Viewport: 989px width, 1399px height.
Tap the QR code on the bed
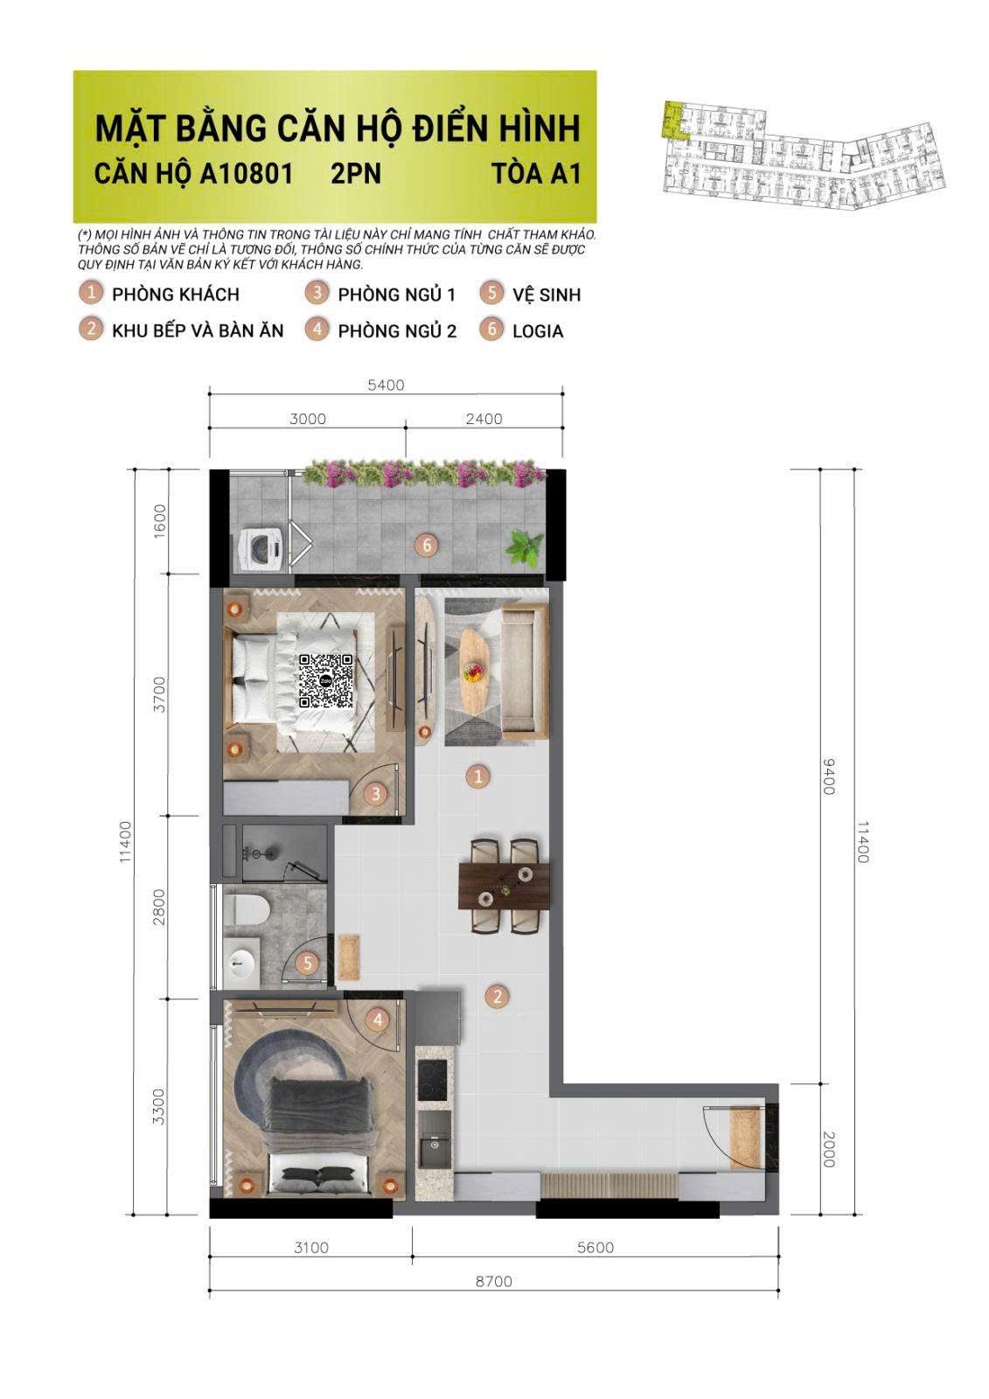coord(325,680)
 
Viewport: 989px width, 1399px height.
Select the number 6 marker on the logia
coord(427,546)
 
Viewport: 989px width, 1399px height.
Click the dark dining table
coord(505,884)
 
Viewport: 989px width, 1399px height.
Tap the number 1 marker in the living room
coord(477,776)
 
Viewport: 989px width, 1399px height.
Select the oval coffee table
coord(476,669)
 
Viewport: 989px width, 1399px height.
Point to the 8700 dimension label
coord(494,1281)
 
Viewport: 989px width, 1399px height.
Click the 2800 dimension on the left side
coord(158,906)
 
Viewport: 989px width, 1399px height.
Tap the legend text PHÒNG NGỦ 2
coord(397,331)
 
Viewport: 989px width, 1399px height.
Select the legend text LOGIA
coord(538,331)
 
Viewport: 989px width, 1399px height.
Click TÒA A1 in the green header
coord(536,172)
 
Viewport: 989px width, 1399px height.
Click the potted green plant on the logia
coord(527,548)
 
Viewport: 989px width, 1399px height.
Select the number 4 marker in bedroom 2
coord(378,1020)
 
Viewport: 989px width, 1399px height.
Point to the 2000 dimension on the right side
coord(829,1148)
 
